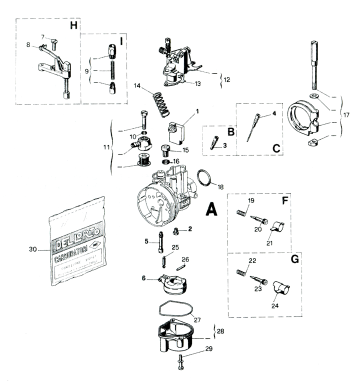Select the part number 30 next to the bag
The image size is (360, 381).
[33, 248]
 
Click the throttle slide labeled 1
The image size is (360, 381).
[177, 131]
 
